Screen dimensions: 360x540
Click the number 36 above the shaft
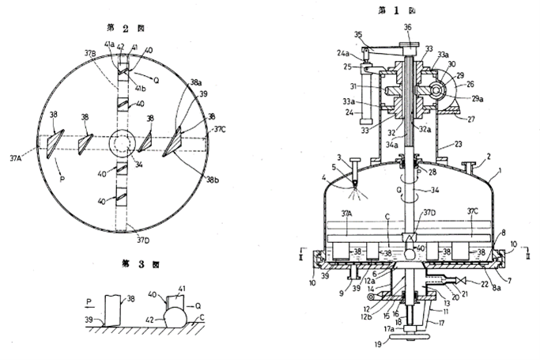pos(407,28)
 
